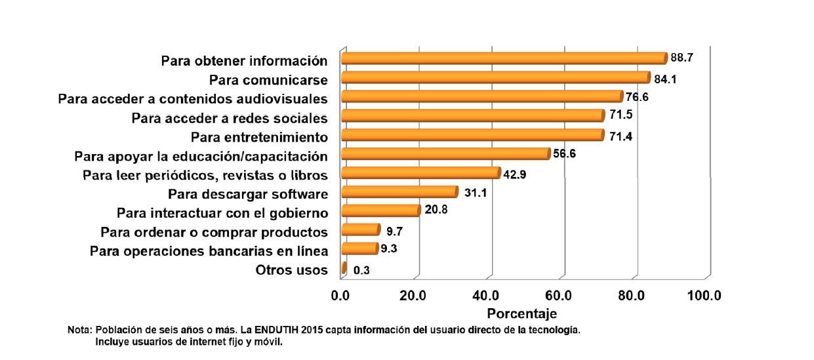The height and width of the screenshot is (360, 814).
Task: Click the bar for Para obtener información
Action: coord(504,58)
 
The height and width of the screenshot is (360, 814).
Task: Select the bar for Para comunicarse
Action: coord(495,77)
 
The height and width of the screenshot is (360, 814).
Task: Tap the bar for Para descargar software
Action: coord(399,191)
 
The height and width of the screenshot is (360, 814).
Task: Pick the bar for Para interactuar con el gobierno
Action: coord(380,210)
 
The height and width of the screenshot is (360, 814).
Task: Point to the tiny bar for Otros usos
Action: coord(344,268)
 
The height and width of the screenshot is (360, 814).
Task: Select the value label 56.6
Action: coord(565,155)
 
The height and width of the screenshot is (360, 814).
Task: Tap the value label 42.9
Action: coord(515,174)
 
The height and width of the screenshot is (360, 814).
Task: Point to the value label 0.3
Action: coord(361,270)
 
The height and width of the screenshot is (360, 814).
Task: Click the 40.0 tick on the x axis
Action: coord(486,296)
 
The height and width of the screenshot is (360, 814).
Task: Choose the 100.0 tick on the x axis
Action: coord(704,296)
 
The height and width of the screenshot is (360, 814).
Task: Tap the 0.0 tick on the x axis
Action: coord(341,296)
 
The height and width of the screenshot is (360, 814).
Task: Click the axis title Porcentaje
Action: coord(521,313)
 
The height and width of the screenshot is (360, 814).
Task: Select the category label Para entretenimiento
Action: coord(259,138)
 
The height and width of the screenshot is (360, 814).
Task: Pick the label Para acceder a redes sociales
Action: coord(229,119)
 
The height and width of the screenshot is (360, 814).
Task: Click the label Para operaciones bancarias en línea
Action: coord(209,251)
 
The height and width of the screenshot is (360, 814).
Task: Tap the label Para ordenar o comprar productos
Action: coord(214,232)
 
